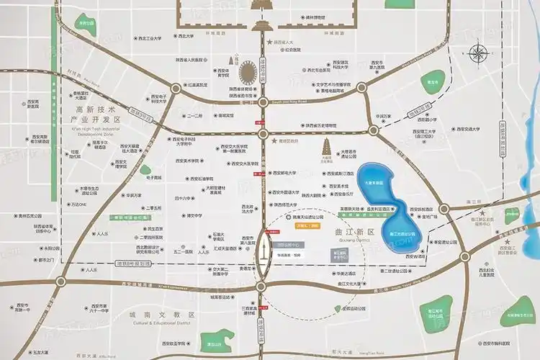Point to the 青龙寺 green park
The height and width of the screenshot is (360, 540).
432,80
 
